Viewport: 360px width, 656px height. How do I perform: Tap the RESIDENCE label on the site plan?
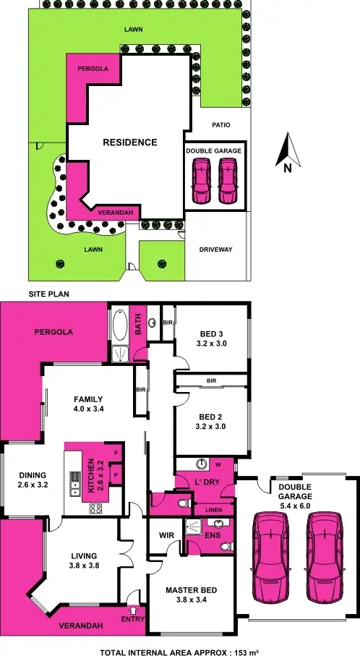(x=130, y=142)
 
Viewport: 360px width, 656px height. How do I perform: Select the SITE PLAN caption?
(x=48, y=295)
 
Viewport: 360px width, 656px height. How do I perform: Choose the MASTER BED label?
(x=191, y=595)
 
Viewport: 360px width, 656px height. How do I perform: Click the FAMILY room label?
(x=87, y=404)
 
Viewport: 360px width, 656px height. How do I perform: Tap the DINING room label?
(x=33, y=480)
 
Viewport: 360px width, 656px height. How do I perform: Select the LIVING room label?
(x=84, y=561)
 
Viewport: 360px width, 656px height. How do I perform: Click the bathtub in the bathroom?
(x=120, y=328)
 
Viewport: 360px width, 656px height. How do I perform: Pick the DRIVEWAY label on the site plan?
(x=215, y=250)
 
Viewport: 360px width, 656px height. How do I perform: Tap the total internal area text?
(x=179, y=648)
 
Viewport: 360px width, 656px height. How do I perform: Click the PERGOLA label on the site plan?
(x=93, y=68)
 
